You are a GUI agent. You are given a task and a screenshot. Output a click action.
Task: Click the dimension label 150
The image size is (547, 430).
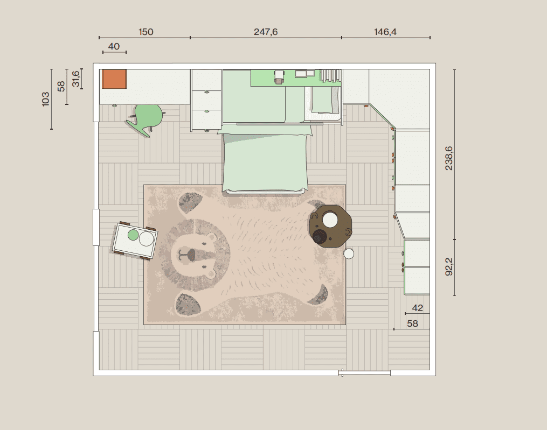pyautogui.click(x=146, y=32)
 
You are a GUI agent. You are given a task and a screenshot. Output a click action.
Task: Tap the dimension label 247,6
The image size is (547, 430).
pyautogui.click(x=266, y=32)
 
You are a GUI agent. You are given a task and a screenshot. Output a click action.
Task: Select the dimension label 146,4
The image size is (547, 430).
pyautogui.click(x=385, y=32)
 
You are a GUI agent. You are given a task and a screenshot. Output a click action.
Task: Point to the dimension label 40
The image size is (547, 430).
pyautogui.click(x=114, y=46)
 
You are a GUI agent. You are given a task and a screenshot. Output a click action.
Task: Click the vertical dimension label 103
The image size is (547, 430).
pyautogui.click(x=46, y=100)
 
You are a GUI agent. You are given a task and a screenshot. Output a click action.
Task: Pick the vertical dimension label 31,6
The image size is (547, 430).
pyautogui.click(x=76, y=79)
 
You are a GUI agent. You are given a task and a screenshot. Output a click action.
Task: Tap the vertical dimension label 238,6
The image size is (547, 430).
pyautogui.click(x=449, y=158)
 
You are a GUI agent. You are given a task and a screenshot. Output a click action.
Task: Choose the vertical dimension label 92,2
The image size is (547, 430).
pyautogui.click(x=449, y=266)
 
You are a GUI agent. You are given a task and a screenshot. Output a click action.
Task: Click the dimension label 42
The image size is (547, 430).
pyautogui.click(x=417, y=308)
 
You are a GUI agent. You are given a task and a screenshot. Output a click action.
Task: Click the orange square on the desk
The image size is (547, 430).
pyautogui.click(x=114, y=79)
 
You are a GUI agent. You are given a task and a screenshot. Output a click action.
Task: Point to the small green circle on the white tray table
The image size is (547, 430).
pyautogui.click(x=133, y=235)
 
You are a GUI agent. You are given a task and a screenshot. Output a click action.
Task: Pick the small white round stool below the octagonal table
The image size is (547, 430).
pyautogui.click(x=349, y=253)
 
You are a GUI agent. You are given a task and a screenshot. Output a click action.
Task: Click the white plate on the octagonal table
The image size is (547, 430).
pyautogui.click(x=330, y=220)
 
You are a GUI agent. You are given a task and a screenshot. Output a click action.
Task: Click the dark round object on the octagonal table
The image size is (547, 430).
pyautogui.click(x=318, y=236)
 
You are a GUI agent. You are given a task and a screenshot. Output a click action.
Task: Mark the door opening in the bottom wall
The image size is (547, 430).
pyautogui.click(x=364, y=373)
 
